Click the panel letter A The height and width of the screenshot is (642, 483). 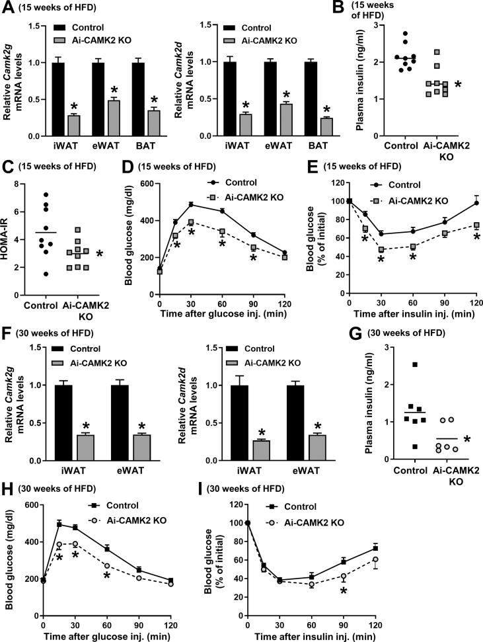point(8,8)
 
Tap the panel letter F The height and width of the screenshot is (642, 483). point(7,344)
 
